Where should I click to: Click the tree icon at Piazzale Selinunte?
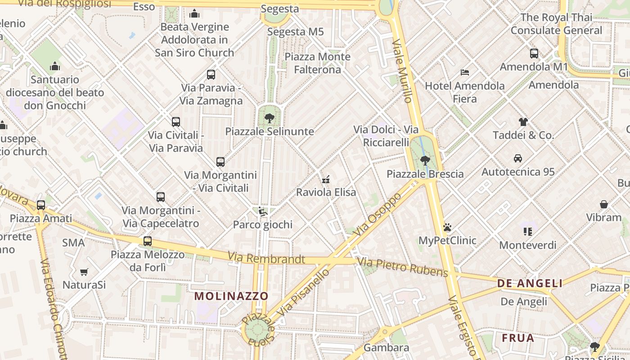(x=269, y=118)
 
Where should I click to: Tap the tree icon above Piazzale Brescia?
(x=425, y=160)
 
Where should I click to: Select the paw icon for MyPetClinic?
(x=447, y=228)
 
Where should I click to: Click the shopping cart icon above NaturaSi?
(x=84, y=272)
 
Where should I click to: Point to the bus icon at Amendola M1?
(x=534, y=54)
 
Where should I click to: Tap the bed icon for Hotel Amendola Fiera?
(x=465, y=72)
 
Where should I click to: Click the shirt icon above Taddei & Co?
(x=523, y=121)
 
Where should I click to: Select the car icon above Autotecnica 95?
(x=518, y=158)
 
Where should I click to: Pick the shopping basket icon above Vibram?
(x=603, y=204)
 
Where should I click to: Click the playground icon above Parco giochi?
(x=262, y=211)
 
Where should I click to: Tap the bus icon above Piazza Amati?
(x=41, y=205)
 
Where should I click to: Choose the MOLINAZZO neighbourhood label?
(x=231, y=296)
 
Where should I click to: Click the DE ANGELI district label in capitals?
(x=530, y=283)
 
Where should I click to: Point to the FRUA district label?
(x=518, y=338)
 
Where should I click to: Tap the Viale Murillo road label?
(x=402, y=71)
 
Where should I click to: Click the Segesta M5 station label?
(x=296, y=32)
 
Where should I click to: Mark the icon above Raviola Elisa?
(x=326, y=179)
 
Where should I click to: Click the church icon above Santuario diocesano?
(x=55, y=67)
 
